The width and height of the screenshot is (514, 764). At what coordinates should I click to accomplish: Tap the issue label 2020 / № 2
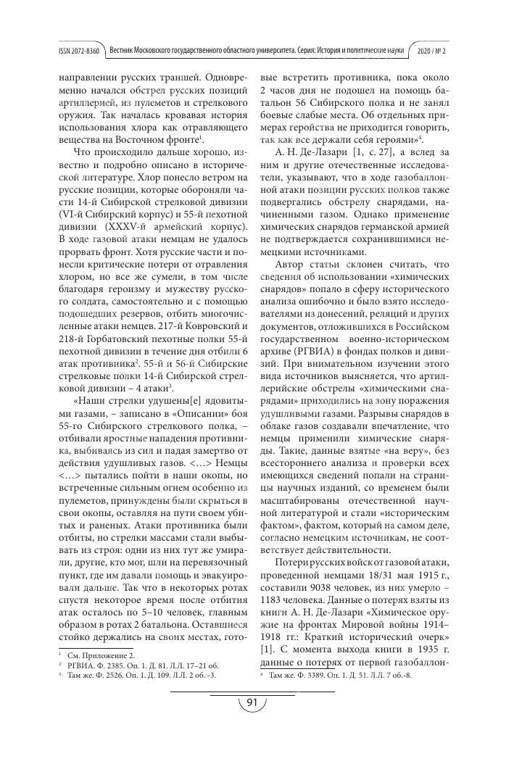tap(449, 51)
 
